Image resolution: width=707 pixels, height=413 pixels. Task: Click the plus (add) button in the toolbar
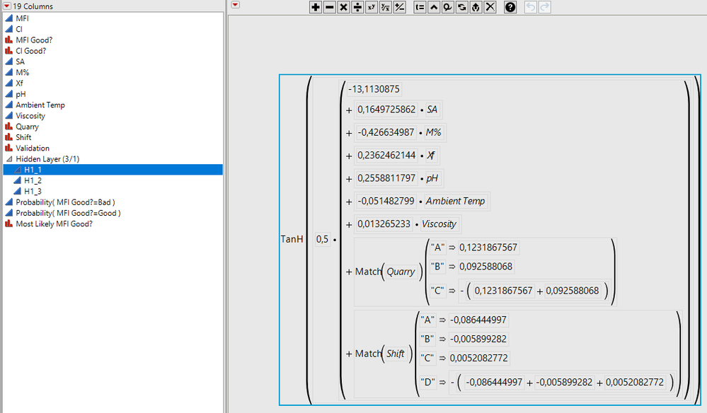(x=316, y=7)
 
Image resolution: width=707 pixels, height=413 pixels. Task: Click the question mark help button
(x=510, y=7)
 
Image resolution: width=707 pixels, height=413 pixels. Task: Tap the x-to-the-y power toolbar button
(x=371, y=7)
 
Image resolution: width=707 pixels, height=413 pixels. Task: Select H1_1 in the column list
(x=33, y=170)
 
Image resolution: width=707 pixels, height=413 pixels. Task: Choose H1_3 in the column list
(x=33, y=191)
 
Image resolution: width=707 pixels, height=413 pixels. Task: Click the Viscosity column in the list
(x=30, y=115)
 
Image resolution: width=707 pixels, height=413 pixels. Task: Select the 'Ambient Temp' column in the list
(x=40, y=105)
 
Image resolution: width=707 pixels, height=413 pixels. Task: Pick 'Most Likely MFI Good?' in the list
(x=54, y=223)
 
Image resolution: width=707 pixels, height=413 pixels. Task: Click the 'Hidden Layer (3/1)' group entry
(x=47, y=159)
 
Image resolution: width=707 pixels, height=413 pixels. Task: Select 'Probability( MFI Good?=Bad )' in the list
(x=65, y=202)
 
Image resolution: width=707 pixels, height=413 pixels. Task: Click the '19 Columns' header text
(x=33, y=6)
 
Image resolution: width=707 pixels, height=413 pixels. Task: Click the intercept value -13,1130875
(x=374, y=89)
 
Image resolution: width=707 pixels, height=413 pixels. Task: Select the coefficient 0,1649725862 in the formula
(x=386, y=110)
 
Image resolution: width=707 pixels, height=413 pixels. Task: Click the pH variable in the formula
(x=432, y=178)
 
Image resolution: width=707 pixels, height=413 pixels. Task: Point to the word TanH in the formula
(x=292, y=239)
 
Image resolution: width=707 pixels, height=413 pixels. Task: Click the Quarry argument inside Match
(x=401, y=272)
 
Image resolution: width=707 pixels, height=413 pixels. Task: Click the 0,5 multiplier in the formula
(x=322, y=239)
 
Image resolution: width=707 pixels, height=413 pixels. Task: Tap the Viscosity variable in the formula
(x=439, y=224)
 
